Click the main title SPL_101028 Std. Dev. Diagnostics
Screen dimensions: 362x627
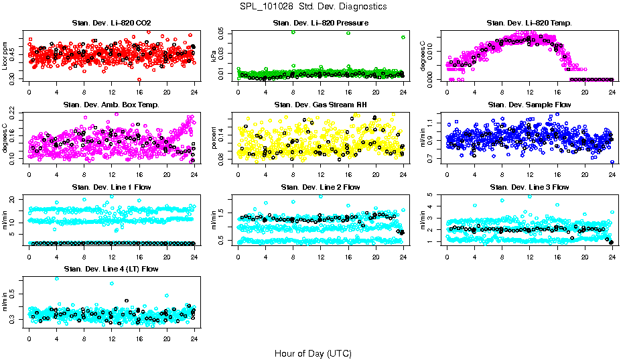point(313,6)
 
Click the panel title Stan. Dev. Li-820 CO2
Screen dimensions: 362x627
point(111,23)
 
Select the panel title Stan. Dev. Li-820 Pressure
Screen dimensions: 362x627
point(320,23)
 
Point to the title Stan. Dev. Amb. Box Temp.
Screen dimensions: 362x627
point(111,105)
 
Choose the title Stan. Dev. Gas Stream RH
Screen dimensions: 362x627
point(320,105)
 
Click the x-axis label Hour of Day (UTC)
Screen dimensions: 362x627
point(313,353)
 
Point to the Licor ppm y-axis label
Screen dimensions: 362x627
point(6,56)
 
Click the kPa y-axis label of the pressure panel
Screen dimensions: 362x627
point(215,56)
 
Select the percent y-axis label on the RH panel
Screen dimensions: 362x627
point(215,138)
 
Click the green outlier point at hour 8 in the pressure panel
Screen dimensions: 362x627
point(293,32)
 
